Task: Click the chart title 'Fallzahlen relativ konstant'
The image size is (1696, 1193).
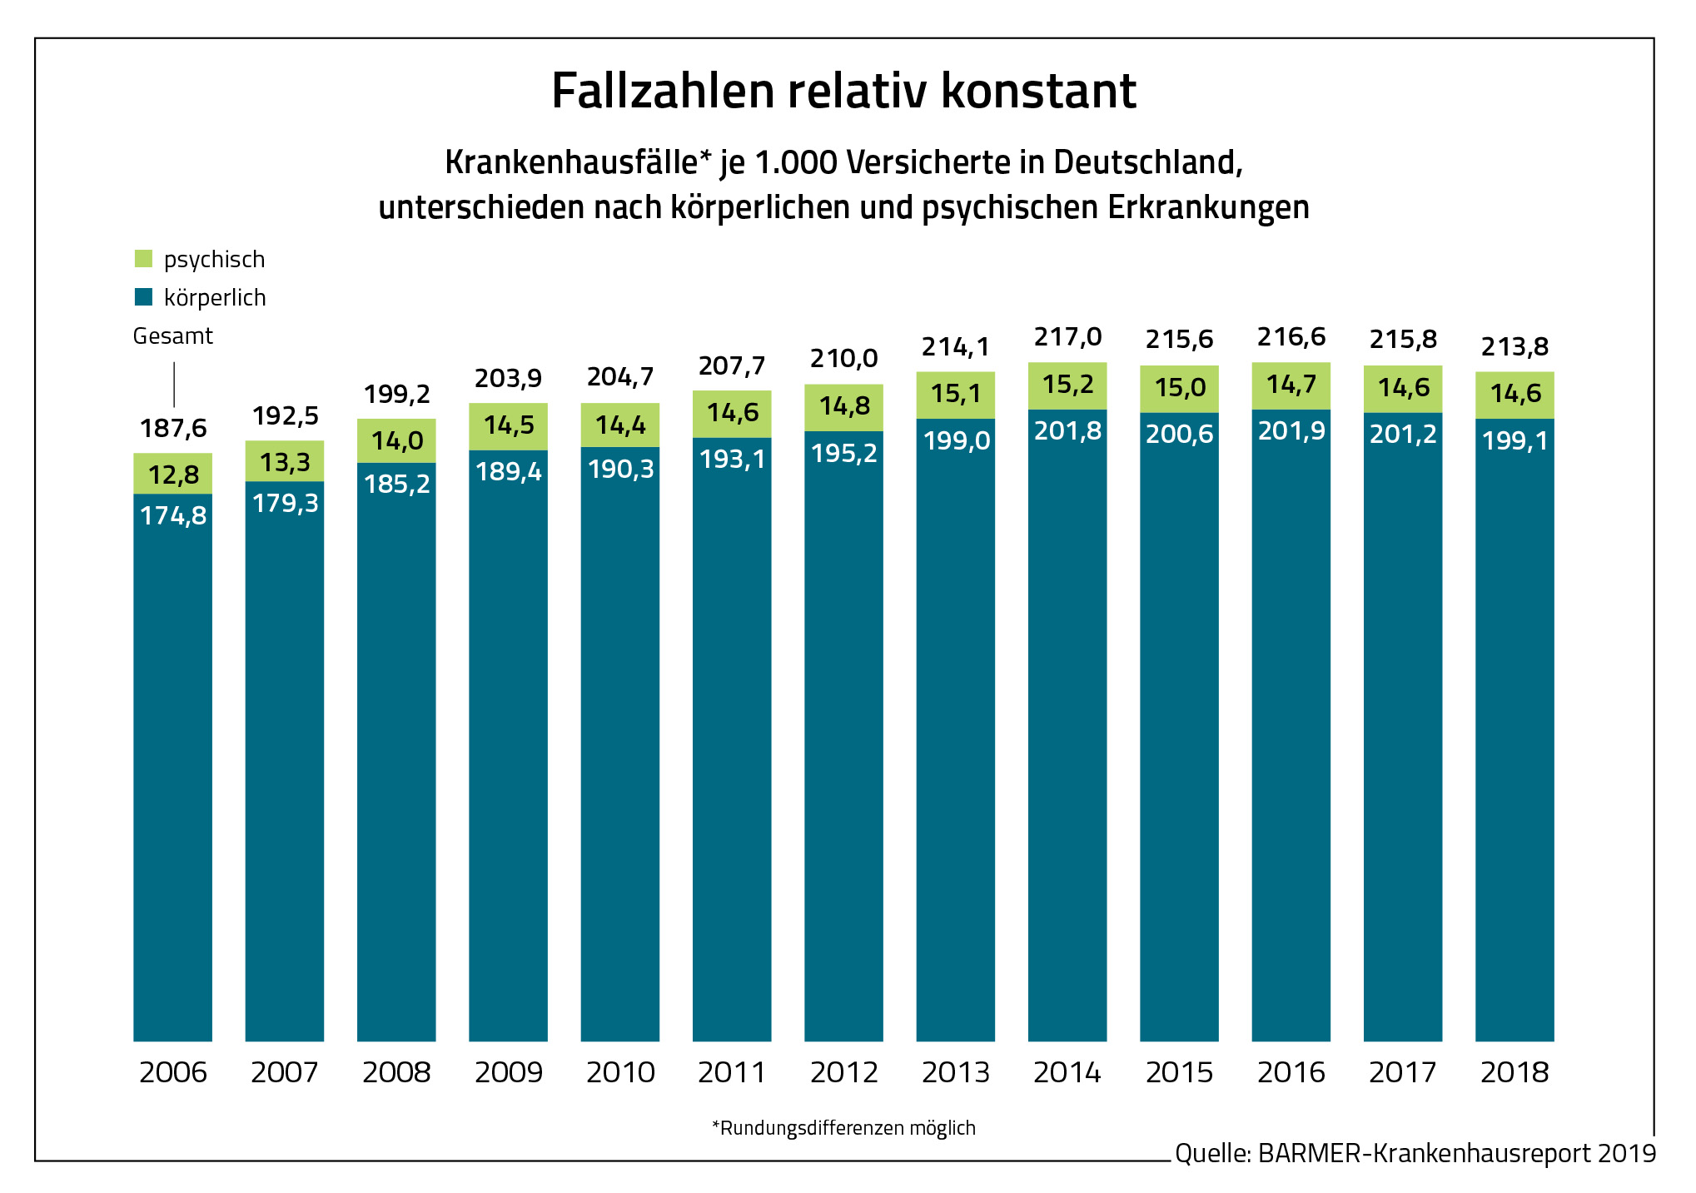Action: [843, 91]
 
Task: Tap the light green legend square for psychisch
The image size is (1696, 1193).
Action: [143, 259]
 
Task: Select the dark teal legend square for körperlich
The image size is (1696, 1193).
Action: [143, 297]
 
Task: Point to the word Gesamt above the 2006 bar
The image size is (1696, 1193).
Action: [173, 336]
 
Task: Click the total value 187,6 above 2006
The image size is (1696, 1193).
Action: [173, 428]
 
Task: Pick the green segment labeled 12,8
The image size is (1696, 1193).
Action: [173, 475]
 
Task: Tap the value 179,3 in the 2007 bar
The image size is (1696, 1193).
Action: [285, 503]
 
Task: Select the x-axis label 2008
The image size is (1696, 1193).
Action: [396, 1072]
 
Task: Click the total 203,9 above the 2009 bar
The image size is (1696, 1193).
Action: [508, 378]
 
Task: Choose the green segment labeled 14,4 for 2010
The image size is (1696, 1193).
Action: [620, 425]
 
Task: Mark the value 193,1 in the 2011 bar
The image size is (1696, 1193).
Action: [732, 459]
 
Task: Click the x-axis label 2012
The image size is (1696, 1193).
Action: [843, 1072]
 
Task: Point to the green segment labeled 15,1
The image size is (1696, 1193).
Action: [956, 394]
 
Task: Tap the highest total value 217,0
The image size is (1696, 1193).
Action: [1067, 336]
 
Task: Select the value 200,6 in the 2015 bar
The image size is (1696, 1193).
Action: [1179, 434]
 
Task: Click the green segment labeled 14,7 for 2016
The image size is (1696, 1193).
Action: [1291, 385]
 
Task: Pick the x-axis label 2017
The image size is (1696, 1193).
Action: [1403, 1072]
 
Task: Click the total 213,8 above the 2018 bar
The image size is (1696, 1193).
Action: [1514, 346]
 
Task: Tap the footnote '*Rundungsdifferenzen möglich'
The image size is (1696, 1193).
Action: [843, 1128]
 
